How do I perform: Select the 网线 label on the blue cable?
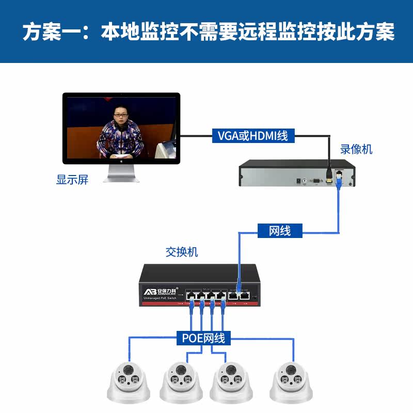280,231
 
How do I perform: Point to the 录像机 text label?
356,150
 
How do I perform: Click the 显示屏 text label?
72,180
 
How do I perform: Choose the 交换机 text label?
182,252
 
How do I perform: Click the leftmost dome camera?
128,382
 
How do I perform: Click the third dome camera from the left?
230,382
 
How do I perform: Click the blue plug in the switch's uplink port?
239,287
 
